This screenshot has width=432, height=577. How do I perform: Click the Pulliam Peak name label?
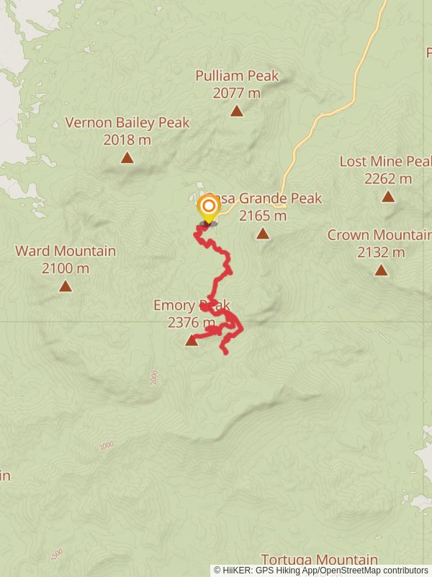pyautogui.click(x=237, y=76)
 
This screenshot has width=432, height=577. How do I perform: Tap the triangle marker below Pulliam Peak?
pyautogui.click(x=237, y=111)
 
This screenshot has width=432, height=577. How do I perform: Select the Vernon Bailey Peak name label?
pyautogui.click(x=127, y=123)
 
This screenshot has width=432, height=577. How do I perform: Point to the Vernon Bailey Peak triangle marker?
pyautogui.click(x=127, y=158)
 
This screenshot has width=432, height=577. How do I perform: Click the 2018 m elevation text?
pyautogui.click(x=127, y=140)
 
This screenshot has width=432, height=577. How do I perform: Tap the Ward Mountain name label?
pyautogui.click(x=66, y=251)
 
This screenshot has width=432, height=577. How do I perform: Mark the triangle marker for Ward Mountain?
pyautogui.click(x=66, y=286)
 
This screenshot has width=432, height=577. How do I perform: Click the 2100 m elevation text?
pyautogui.click(x=66, y=268)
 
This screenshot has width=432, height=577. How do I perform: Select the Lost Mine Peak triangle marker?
pyautogui.click(x=388, y=196)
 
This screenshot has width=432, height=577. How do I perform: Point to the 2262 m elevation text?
pyautogui.click(x=388, y=178)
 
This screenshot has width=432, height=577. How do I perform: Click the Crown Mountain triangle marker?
pyautogui.click(x=381, y=270)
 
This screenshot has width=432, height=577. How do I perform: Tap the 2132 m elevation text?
pyautogui.click(x=381, y=252)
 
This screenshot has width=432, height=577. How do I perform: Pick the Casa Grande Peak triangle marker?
pyautogui.click(x=263, y=234)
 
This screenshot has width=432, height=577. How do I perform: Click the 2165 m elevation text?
pyautogui.click(x=263, y=215)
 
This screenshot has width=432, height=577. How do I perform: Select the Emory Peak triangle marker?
pyautogui.click(x=192, y=340)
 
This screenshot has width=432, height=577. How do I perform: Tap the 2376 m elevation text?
pyautogui.click(x=192, y=322)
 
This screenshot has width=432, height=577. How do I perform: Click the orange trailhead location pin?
pyautogui.click(x=209, y=207)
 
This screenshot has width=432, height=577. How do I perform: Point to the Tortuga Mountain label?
pyautogui.click(x=319, y=560)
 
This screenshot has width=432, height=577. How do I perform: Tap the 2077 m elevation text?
pyautogui.click(x=237, y=93)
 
